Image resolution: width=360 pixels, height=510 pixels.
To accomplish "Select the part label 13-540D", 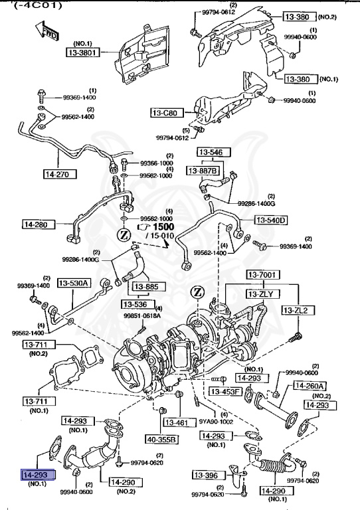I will click(x=270, y=220).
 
